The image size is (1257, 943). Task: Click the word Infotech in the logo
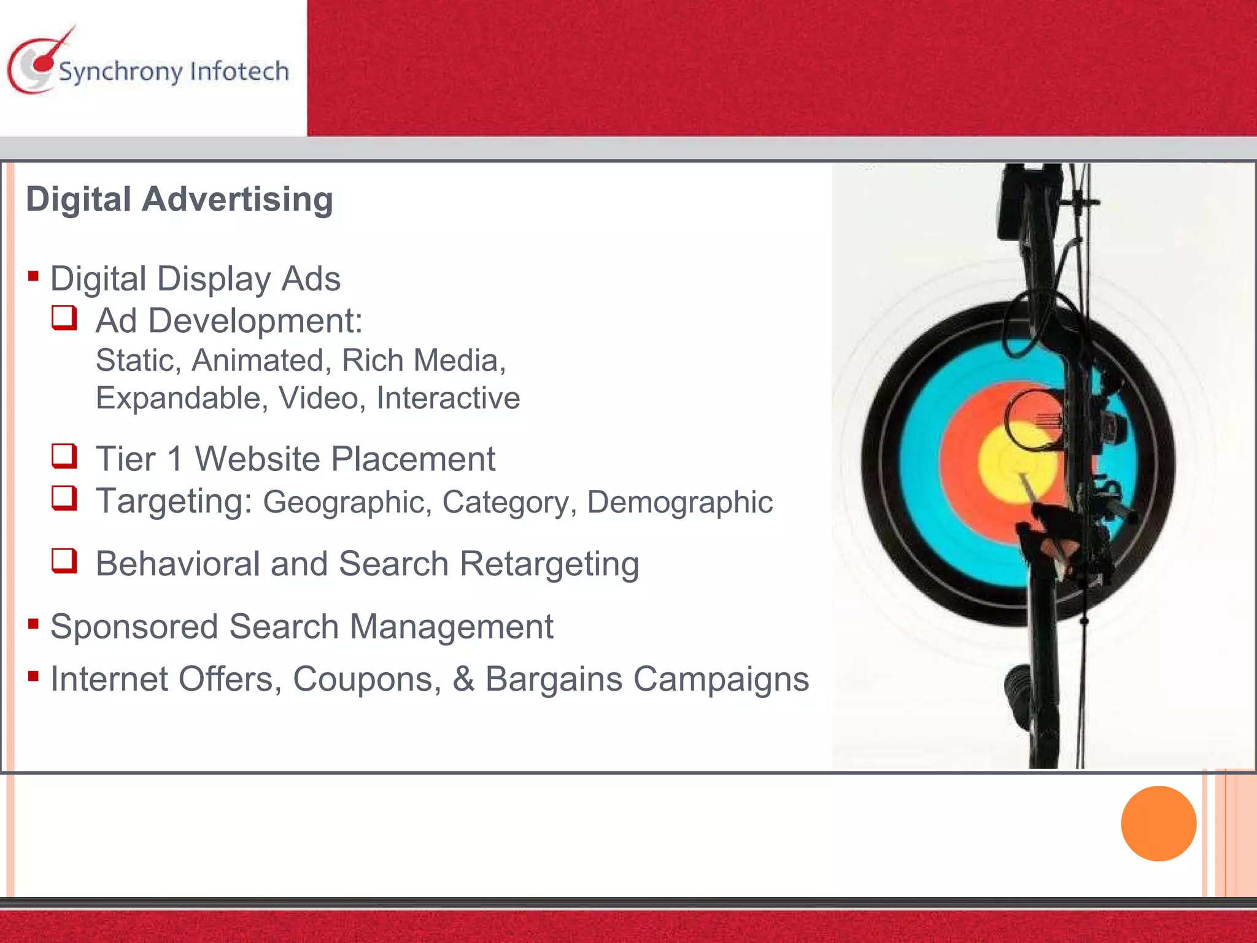pyautogui.click(x=239, y=71)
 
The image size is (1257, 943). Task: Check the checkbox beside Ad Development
pyautogui.click(x=64, y=318)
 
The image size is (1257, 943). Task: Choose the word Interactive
pyautogui.click(x=448, y=398)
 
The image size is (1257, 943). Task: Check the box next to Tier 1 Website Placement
pyautogui.click(x=64, y=456)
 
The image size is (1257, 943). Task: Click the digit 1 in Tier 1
pyautogui.click(x=175, y=459)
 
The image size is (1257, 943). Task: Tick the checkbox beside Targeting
pyautogui.click(x=64, y=498)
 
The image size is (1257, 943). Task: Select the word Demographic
pyautogui.click(x=679, y=502)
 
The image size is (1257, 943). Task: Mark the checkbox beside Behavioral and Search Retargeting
pyautogui.click(x=64, y=561)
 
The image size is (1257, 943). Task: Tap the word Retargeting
pyautogui.click(x=549, y=564)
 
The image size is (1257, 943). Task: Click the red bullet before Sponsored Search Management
pyautogui.click(x=34, y=624)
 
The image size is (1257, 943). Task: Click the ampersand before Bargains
pyautogui.click(x=463, y=679)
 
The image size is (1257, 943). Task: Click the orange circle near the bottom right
pyautogui.click(x=1158, y=823)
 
